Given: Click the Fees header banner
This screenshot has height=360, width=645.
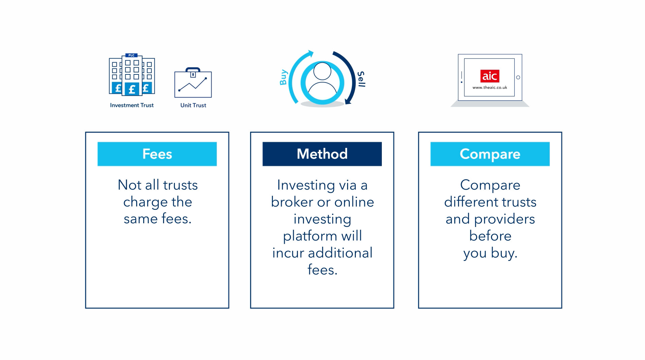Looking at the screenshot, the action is (157, 154).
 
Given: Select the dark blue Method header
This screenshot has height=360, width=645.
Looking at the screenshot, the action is (322, 154).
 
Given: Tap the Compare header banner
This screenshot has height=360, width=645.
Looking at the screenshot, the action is (490, 154).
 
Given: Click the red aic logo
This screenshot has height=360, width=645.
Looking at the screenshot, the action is (490, 76).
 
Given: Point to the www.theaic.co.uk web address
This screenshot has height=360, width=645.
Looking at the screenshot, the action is (490, 88).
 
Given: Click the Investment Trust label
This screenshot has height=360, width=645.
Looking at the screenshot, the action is (132, 105).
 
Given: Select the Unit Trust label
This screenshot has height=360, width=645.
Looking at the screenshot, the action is (193, 105).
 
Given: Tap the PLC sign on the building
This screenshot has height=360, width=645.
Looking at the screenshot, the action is (131, 55).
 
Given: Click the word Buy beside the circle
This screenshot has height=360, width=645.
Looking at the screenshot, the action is (283, 77).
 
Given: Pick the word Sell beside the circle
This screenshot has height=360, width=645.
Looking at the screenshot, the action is (361, 79).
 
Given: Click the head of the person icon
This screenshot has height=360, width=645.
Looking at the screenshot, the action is (322, 71).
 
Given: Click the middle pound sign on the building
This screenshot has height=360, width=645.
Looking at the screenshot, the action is (132, 89).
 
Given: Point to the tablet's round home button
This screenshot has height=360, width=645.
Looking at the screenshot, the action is (518, 77).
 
